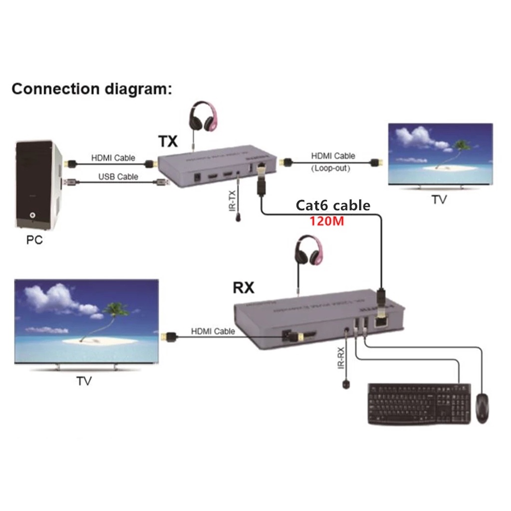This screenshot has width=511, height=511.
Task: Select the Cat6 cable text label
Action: [333, 205]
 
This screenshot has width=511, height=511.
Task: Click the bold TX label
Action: [168, 142]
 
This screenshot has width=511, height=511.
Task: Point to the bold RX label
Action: [244, 288]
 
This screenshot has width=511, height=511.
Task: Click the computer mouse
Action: [482, 408]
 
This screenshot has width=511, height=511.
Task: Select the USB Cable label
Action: [118, 176]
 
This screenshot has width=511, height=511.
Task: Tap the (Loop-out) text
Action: [331, 168]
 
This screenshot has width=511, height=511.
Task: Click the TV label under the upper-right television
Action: [439, 200]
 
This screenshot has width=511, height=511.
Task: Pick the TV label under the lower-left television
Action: [84, 381]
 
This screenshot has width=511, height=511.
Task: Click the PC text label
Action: [34, 240]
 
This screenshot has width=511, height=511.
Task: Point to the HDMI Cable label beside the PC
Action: [113, 158]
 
